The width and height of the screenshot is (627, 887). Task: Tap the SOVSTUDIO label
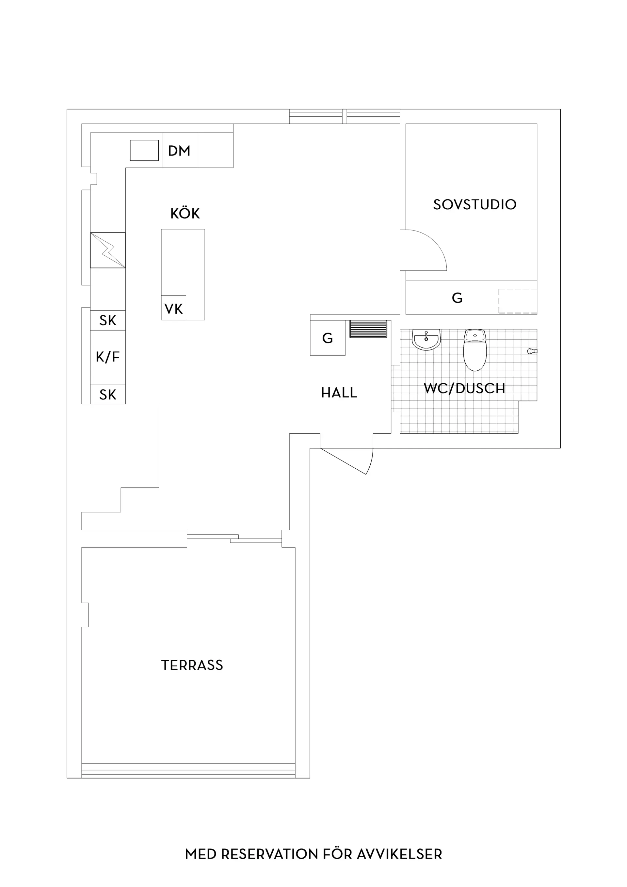click(475, 204)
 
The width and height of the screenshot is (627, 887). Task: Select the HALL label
click(339, 393)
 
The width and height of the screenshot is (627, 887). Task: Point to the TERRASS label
click(192, 665)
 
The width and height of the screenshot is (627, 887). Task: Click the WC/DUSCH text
click(464, 388)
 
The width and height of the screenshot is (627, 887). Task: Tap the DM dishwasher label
click(179, 151)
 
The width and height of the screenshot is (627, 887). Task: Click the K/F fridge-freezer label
click(108, 357)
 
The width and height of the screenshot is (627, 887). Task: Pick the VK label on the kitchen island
click(173, 309)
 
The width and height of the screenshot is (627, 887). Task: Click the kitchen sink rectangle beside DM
click(144, 150)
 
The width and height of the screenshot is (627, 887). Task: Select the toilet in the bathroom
click(475, 350)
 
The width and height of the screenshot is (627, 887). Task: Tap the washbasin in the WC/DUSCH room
click(426, 340)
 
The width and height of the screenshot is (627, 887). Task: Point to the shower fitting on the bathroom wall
click(532, 351)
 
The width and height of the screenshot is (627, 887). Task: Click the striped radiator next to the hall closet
click(368, 329)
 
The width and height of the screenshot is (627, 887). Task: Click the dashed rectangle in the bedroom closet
click(518, 301)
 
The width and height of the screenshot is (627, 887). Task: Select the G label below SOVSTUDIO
click(457, 298)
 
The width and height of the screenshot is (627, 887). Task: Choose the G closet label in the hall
click(327, 338)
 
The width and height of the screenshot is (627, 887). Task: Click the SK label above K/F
click(108, 320)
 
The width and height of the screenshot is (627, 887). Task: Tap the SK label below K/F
click(108, 395)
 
